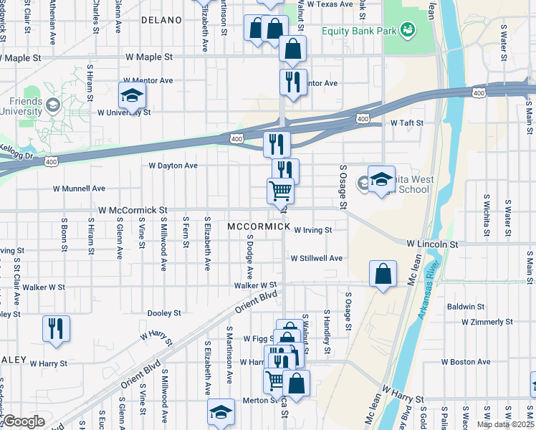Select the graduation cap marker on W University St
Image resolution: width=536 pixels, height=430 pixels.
[x=132, y=95]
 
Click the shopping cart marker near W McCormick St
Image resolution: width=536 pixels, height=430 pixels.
[x=280, y=191]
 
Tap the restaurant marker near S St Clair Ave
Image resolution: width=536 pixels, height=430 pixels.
[x=56, y=329]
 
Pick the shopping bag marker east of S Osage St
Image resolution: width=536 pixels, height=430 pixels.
[x=383, y=274]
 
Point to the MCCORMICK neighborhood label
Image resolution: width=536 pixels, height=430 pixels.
[x=259, y=226]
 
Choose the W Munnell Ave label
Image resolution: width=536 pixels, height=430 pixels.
[x=79, y=188]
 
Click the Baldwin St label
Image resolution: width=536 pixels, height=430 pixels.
[x=466, y=307]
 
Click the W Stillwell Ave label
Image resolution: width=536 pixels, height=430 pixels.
[x=316, y=258]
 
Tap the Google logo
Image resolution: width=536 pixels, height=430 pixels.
[x=24, y=421]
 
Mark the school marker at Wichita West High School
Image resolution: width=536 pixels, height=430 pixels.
[x=381, y=180]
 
